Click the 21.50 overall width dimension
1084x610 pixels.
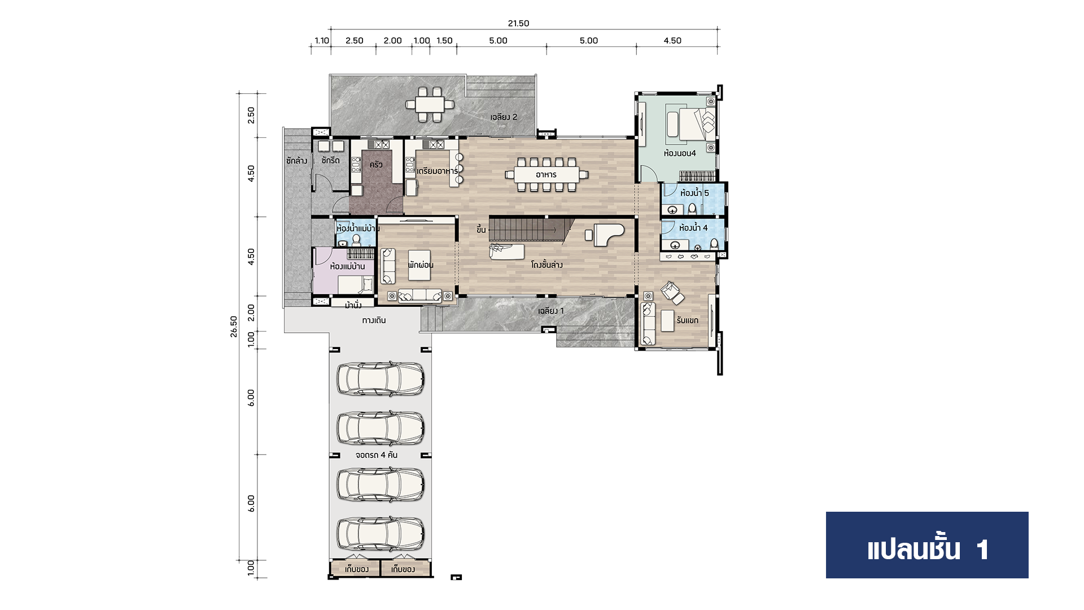click(x=518, y=23)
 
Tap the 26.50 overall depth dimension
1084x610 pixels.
click(x=234, y=326)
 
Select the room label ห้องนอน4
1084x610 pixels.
click(x=680, y=153)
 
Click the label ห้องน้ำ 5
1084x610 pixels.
click(x=694, y=193)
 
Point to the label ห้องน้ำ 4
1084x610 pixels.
click(x=693, y=228)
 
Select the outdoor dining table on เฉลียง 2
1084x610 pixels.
click(x=430, y=104)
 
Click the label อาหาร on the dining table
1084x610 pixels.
click(x=546, y=175)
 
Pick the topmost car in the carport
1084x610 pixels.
click(x=380, y=378)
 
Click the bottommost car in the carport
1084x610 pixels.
click(x=380, y=534)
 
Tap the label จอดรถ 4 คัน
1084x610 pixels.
click(x=376, y=455)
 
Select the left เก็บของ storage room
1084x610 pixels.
click(x=356, y=568)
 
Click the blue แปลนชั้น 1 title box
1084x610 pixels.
click(x=927, y=545)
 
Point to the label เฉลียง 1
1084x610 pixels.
click(x=550, y=311)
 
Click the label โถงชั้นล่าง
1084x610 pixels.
click(x=547, y=264)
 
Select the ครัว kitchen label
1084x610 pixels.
click(x=376, y=165)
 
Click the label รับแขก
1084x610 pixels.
click(x=687, y=320)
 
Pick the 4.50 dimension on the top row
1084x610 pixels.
click(x=672, y=41)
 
